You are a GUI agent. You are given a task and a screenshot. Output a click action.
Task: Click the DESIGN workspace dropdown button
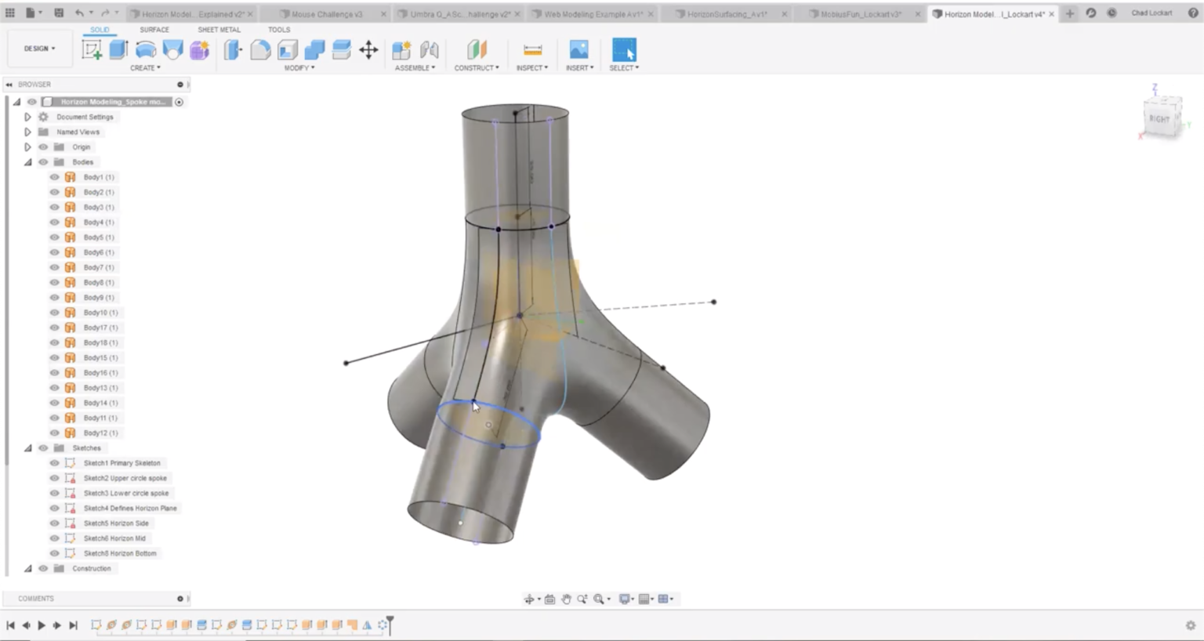[39, 49]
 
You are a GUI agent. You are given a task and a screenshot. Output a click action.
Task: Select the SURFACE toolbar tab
[154, 30]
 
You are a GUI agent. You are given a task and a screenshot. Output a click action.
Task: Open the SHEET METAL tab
[219, 30]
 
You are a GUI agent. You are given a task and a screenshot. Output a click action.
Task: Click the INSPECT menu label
[531, 68]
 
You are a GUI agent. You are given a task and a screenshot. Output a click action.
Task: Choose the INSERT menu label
[578, 68]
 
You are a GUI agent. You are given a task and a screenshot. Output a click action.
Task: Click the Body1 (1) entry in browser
[99, 177]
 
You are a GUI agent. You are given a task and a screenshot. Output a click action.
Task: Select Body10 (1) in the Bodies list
[100, 313]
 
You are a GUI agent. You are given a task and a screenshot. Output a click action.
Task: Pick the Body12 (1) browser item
[100, 433]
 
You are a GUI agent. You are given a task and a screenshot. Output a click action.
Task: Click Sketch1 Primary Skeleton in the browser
[121, 463]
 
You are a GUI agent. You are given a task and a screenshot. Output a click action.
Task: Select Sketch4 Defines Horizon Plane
[130, 509]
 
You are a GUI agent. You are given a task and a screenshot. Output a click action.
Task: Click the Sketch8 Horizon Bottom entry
[120, 553]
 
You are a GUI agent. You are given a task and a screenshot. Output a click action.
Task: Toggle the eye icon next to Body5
[55, 237]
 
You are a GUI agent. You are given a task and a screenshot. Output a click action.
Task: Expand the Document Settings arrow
[27, 117]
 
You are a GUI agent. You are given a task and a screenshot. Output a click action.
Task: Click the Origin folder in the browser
[81, 147]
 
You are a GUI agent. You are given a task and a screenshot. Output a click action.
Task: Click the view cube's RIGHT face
[1159, 118]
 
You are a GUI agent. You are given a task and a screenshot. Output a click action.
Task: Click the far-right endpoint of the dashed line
[713, 302]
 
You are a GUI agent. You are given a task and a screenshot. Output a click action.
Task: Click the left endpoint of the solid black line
[346, 363]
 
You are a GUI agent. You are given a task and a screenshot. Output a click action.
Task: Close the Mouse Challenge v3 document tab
[383, 14]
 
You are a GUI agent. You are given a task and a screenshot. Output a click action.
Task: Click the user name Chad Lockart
[1151, 13]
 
